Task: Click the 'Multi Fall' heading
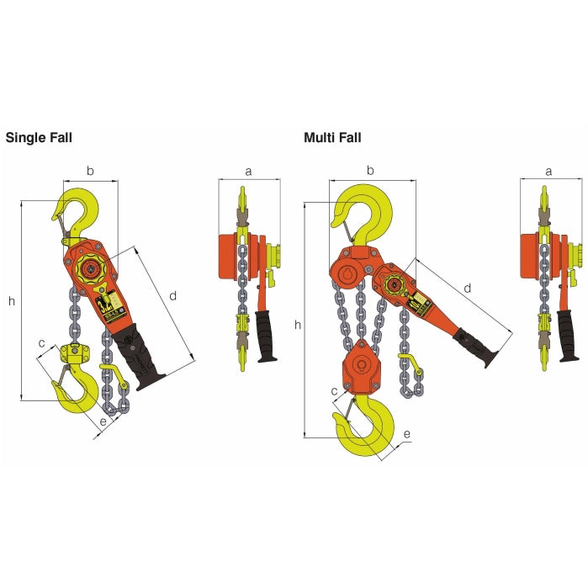click(332, 138)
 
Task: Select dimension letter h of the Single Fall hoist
click(11, 300)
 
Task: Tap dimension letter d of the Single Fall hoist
click(172, 295)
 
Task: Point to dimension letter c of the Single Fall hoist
click(42, 342)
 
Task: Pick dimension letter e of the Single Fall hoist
click(103, 421)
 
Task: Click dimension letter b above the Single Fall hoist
click(91, 172)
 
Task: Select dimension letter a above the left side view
click(248, 172)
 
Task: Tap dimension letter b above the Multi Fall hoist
click(371, 172)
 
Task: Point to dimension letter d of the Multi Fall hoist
click(468, 289)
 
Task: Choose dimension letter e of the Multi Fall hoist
click(407, 434)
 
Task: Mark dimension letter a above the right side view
click(548, 172)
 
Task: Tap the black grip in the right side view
click(568, 336)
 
